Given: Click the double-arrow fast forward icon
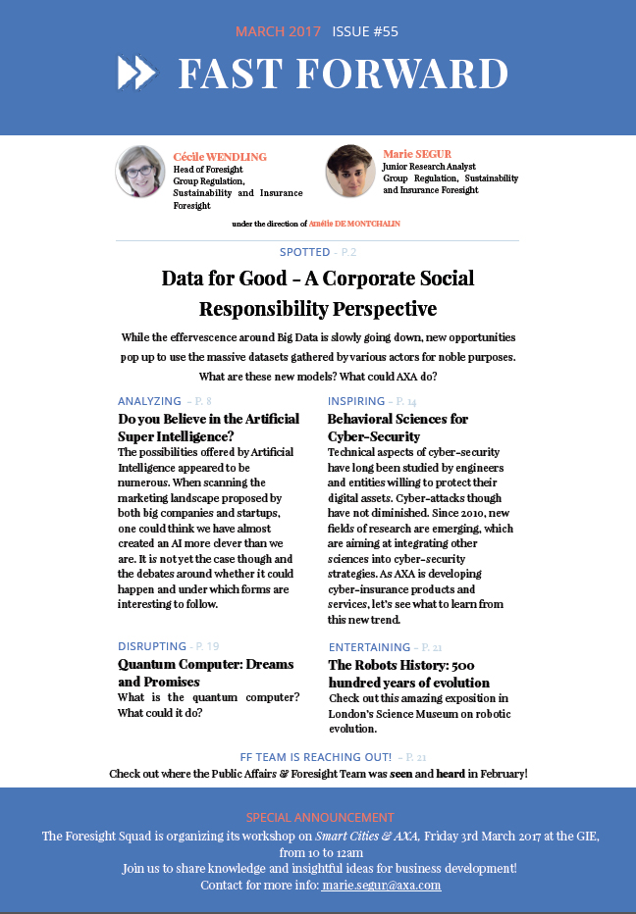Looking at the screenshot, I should (136, 73).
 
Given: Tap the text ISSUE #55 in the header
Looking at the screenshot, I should (365, 31).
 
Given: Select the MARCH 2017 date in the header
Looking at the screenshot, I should (278, 31).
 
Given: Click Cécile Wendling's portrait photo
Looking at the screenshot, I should (140, 171).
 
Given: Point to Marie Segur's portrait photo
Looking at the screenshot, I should (349, 170).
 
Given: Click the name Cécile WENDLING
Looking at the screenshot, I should (220, 157).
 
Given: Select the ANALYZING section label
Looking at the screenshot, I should (149, 401).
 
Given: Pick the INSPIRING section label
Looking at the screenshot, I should (355, 401).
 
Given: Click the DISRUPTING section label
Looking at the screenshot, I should (152, 646).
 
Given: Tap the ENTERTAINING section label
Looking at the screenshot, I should (370, 647).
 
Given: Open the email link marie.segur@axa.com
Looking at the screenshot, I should (381, 885).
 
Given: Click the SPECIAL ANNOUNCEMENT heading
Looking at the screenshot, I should (320, 817).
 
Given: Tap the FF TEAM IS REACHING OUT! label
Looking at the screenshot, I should (316, 757).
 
